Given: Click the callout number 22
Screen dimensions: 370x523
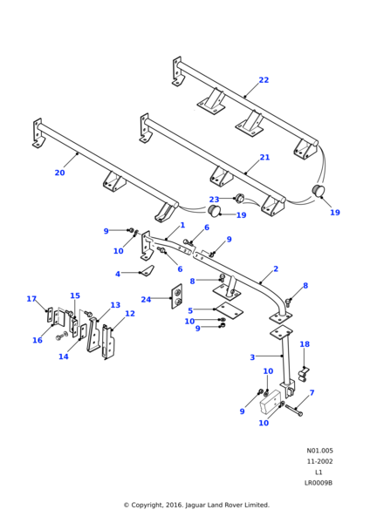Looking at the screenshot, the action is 264,80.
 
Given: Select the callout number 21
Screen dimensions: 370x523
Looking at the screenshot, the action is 264,157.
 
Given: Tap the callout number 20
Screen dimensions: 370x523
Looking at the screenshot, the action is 59,173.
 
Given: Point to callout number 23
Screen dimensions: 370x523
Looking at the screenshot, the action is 214,200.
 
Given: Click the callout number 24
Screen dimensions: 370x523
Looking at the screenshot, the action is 146,300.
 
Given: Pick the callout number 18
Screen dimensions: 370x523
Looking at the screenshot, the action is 305,344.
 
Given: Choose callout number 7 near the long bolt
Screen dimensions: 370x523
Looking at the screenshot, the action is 312,393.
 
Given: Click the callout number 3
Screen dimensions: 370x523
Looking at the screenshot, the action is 252,357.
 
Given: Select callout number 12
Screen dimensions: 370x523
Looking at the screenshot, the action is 130,314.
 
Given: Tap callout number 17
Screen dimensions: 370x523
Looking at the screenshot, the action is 31,299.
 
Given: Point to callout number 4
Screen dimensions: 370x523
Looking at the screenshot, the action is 118,274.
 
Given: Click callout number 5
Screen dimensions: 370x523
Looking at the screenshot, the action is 190,310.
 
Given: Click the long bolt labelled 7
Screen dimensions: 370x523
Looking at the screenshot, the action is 294,411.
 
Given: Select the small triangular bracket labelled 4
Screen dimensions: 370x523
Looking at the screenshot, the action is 147,270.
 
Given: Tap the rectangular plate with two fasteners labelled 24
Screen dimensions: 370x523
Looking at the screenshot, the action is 177,296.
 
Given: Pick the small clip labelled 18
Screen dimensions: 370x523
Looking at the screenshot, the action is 304,374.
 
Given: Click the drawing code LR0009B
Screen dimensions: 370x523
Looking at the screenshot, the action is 319,483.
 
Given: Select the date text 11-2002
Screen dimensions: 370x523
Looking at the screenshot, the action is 320,461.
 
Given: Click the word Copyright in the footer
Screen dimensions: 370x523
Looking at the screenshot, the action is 147,505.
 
